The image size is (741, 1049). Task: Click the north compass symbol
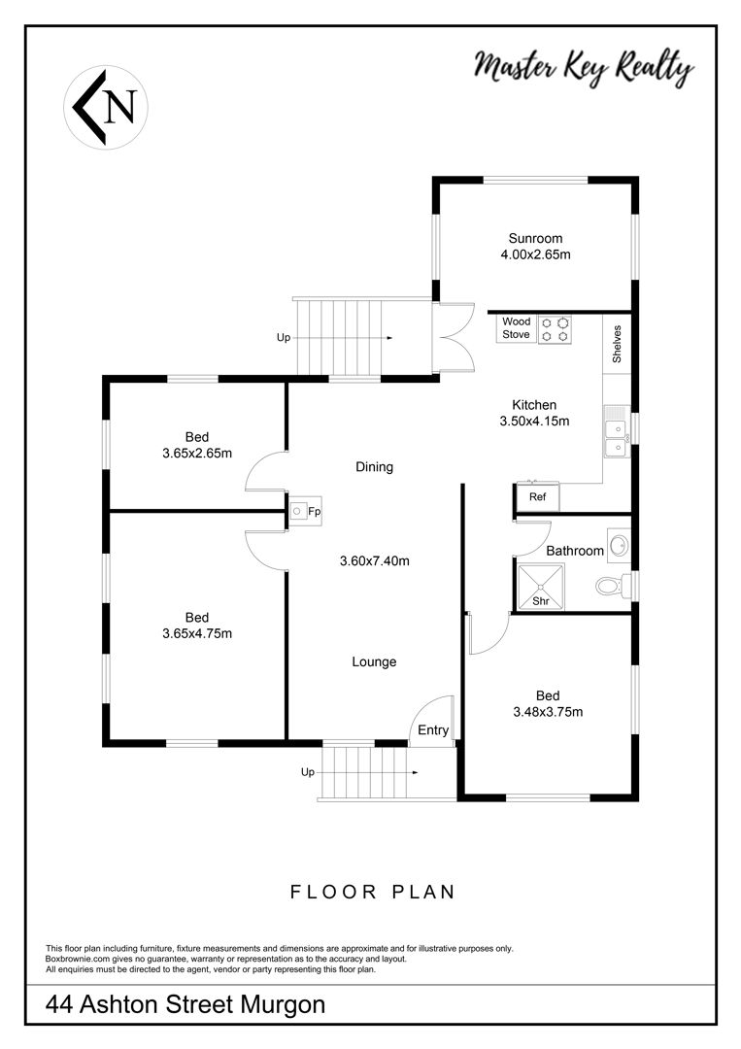106,107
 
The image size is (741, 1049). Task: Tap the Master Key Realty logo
584,68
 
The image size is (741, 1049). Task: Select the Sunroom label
535,238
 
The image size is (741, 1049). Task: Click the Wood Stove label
517,328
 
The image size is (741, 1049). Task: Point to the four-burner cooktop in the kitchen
556,328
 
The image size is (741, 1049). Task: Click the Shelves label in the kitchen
617,344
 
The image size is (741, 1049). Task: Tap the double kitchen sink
618,431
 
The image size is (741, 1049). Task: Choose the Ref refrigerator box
537,497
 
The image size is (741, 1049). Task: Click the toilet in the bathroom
613,586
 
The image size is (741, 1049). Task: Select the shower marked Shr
541,587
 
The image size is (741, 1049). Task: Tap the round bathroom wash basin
620,545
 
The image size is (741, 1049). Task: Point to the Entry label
433,729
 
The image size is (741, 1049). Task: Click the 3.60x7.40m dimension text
375,560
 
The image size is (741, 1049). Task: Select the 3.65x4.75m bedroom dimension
197,633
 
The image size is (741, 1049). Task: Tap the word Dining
374,467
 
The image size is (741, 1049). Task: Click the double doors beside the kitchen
455,338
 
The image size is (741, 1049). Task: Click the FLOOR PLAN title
373,892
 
